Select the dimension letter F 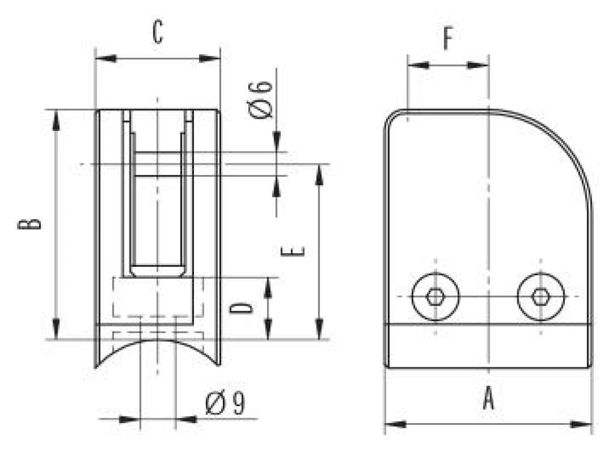click(x=448, y=39)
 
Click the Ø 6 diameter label click(x=261, y=99)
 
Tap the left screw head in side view click(x=435, y=297)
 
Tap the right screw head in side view click(x=541, y=297)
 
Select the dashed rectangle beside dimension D click(x=158, y=297)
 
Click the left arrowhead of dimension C click(x=105, y=58)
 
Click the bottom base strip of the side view click(x=489, y=345)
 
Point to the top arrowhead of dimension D click(x=269, y=286)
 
